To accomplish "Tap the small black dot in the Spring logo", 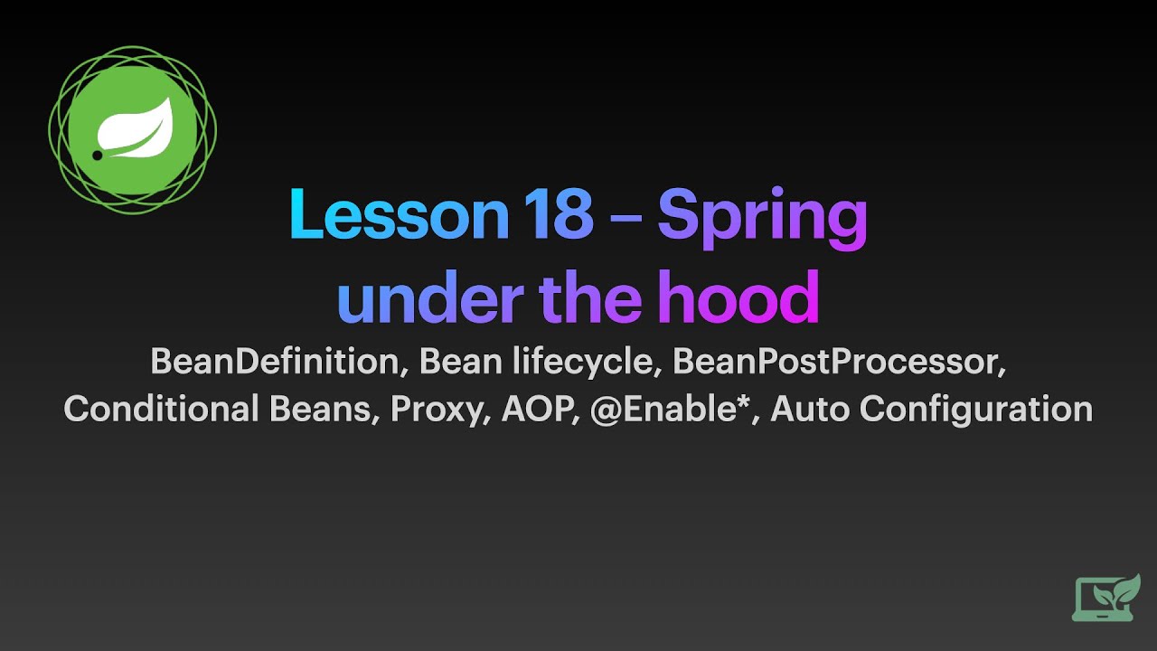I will coord(98,156).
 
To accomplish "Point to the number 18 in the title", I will coord(558,215).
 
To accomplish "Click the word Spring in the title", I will coord(762,217).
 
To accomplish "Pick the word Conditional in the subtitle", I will coord(161,410).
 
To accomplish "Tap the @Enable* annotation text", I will coord(673,410).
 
